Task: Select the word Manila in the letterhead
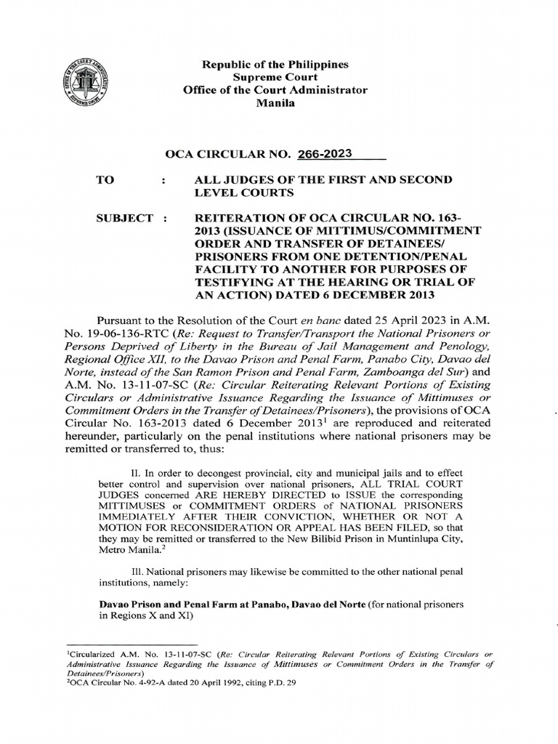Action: pyautogui.click(x=275, y=104)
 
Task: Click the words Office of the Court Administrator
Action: pyautogui.click(x=275, y=90)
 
